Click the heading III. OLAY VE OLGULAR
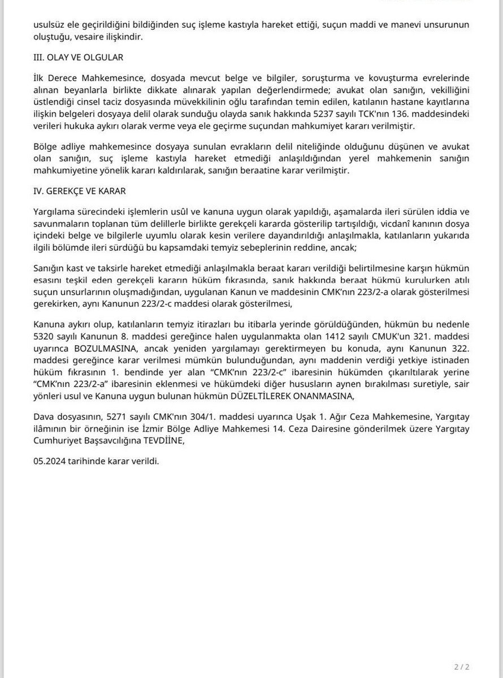77,57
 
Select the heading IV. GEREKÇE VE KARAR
79,191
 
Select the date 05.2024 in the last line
49,461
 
